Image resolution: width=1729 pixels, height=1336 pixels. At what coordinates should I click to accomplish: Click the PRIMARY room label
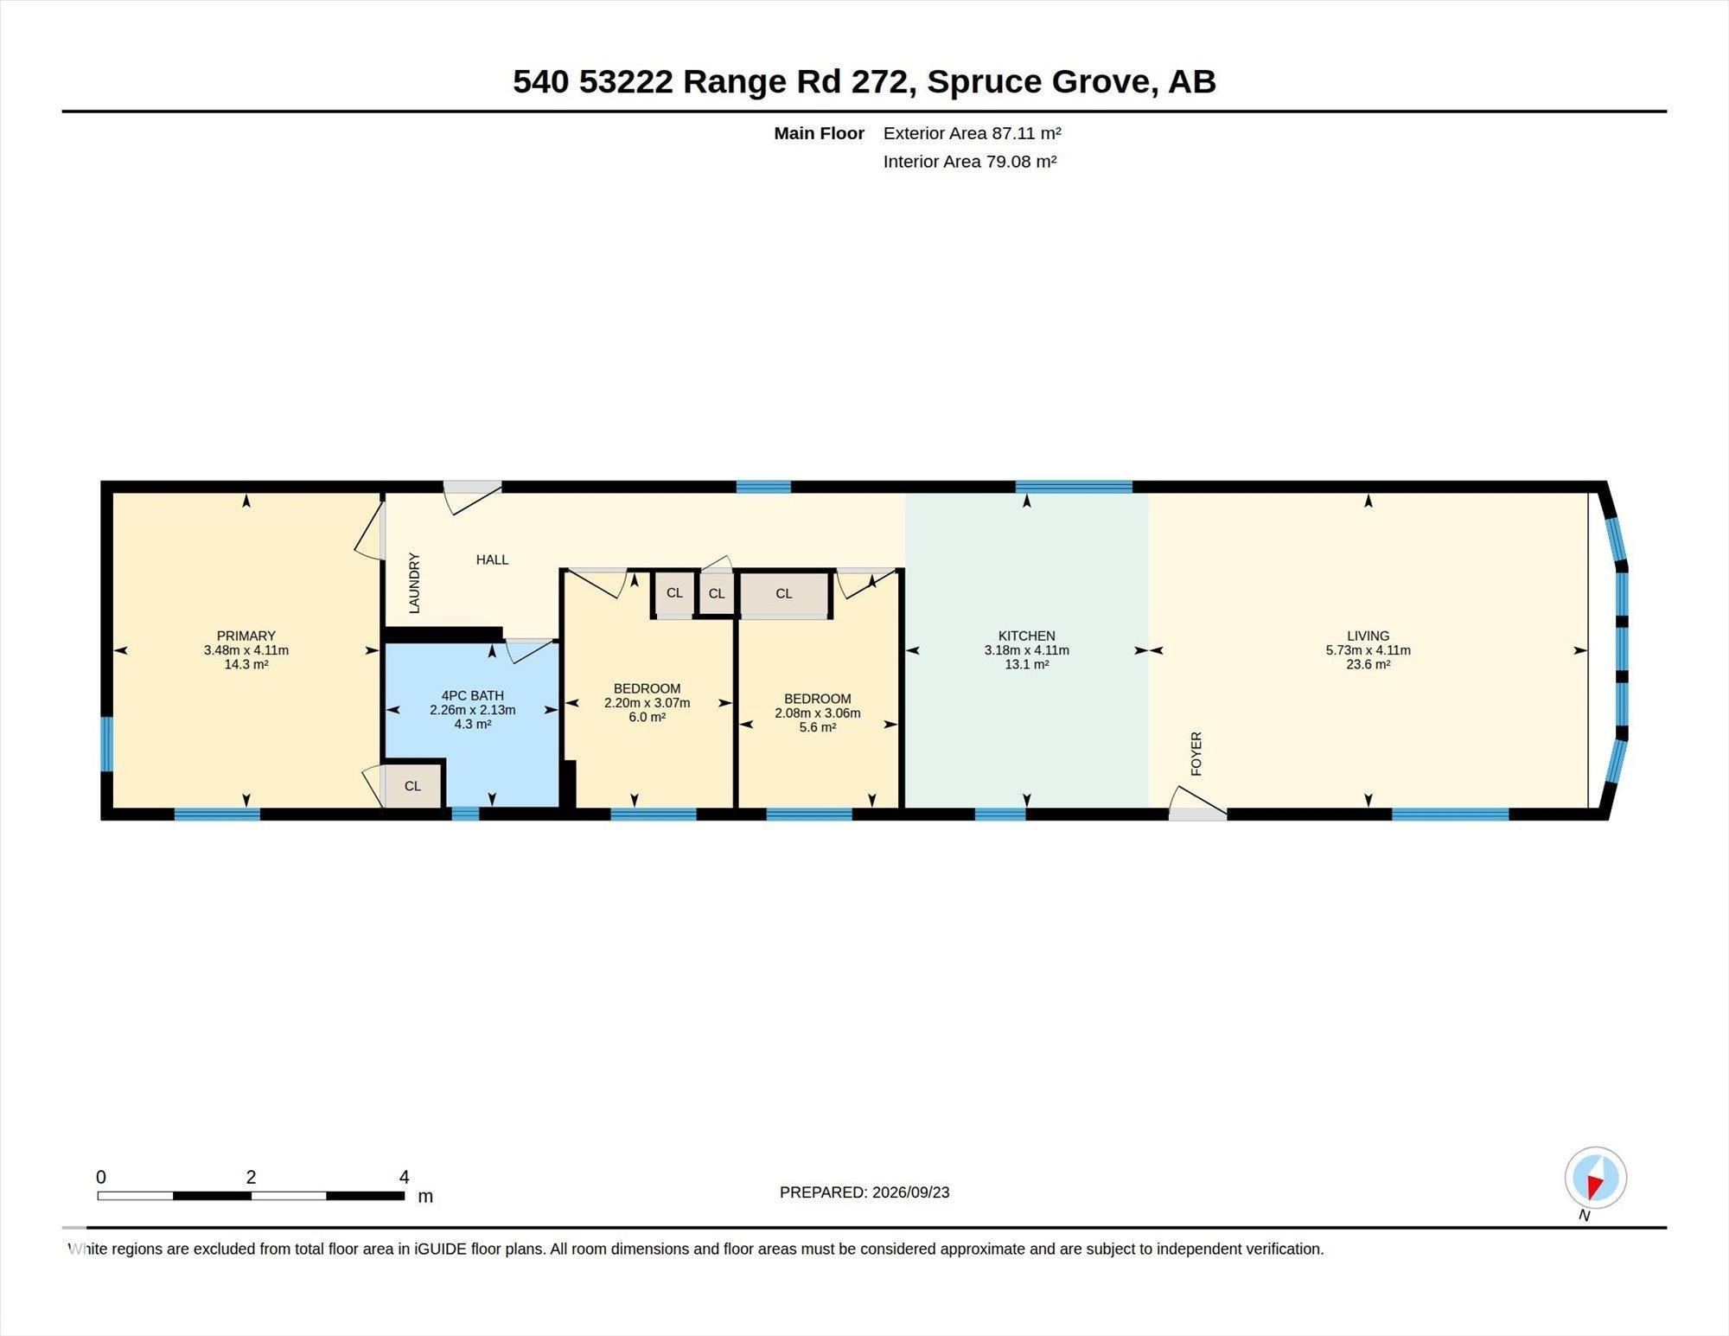click(x=246, y=636)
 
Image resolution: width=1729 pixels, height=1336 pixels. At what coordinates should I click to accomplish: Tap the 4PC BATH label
click(x=472, y=695)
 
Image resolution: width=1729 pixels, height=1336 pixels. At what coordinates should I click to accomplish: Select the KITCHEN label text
click(x=1026, y=636)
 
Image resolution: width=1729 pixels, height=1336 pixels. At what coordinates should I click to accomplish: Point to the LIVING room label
click(x=1368, y=636)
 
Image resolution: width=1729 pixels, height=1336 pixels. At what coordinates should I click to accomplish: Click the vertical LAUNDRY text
click(x=414, y=584)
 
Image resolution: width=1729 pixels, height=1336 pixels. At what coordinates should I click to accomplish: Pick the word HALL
click(x=492, y=559)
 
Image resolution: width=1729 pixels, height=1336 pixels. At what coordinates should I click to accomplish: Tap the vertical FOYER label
click(x=1196, y=753)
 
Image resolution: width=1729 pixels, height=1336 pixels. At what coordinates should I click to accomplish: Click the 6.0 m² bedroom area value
click(x=647, y=718)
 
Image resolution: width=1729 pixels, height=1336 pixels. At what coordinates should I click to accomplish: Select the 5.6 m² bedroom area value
click(x=817, y=727)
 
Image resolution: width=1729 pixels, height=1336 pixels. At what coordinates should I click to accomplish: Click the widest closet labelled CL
click(x=784, y=594)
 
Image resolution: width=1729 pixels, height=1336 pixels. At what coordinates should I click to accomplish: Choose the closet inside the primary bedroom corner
click(x=413, y=786)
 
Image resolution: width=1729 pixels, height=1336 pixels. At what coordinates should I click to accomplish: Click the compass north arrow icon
click(x=1595, y=1178)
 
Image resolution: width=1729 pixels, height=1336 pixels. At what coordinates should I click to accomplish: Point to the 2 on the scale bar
click(x=251, y=1177)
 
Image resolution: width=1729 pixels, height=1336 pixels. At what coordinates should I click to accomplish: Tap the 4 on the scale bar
click(x=404, y=1177)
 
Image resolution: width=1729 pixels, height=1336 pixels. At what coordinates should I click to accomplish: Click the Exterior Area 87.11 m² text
click(x=972, y=133)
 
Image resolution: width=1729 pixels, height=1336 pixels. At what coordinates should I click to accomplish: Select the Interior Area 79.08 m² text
click(x=970, y=162)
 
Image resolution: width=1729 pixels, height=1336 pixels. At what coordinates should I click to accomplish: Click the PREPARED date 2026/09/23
click(x=910, y=1192)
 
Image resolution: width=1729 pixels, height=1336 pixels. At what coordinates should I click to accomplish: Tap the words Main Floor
click(x=819, y=133)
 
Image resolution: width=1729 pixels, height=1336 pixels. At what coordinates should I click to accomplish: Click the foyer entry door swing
click(x=1197, y=802)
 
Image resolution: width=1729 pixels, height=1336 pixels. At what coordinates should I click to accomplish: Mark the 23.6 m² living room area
click(x=1368, y=665)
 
